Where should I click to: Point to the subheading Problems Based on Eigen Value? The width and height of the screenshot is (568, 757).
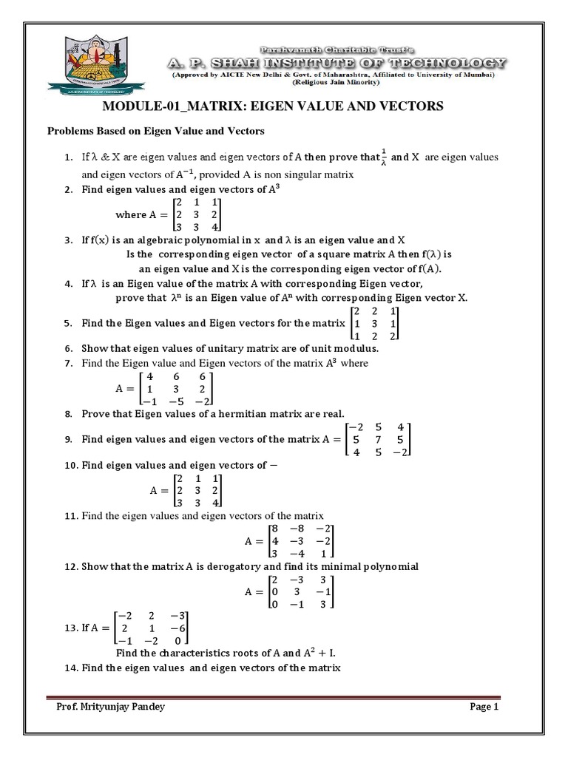[156, 131]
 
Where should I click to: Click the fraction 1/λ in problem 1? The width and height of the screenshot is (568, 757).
[382, 157]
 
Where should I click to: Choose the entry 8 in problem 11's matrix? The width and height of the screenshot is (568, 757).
[274, 529]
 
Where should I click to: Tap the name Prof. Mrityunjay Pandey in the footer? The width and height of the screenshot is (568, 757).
[111, 707]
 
